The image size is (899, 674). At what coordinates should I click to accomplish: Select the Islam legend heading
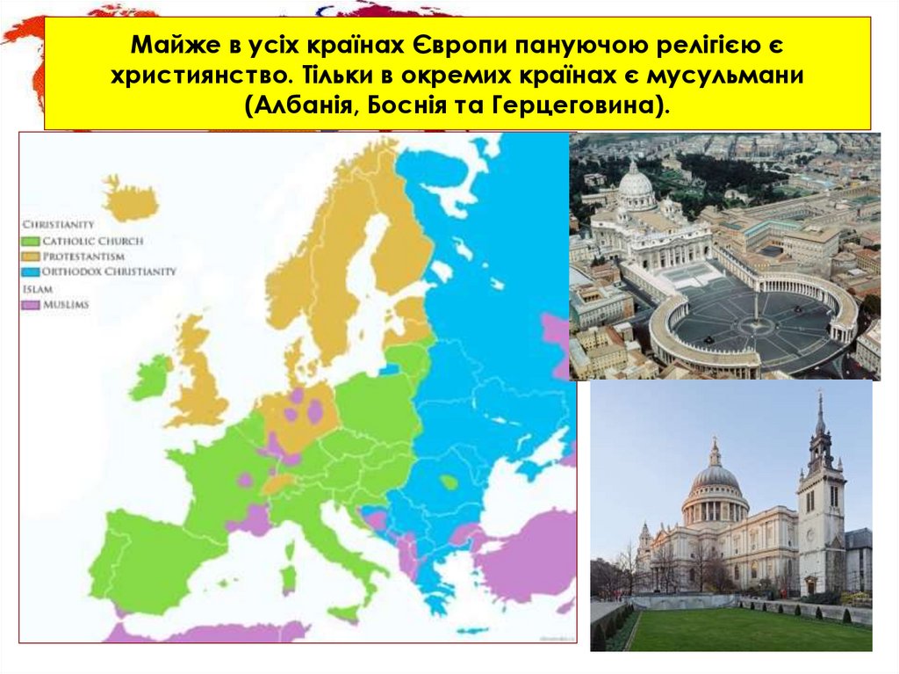pos(34,288)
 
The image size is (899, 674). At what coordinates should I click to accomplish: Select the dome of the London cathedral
pos(716,479)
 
